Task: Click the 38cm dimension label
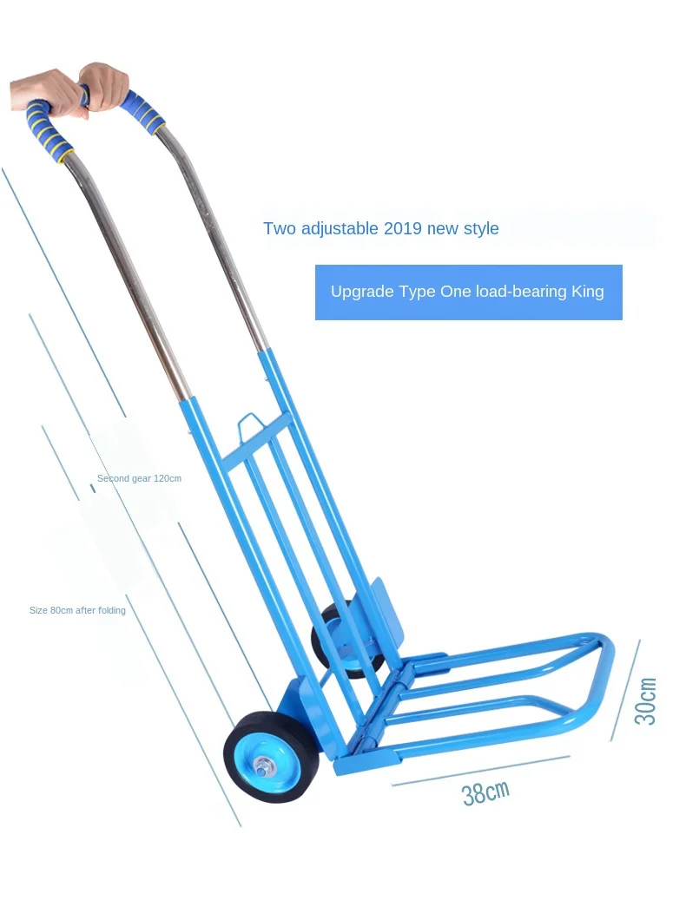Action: [485, 792]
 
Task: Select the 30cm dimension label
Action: [645, 701]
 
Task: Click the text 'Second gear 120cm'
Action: [139, 478]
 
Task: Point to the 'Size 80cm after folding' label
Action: [77, 610]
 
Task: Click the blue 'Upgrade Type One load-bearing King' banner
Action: [468, 292]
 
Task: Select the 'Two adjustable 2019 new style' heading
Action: [380, 229]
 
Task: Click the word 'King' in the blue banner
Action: [587, 292]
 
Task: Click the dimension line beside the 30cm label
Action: [625, 691]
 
